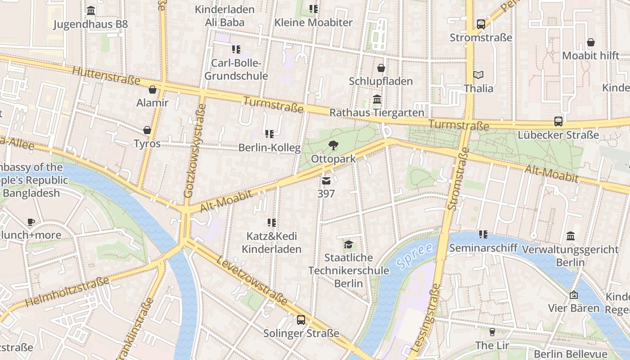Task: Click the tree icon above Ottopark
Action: [x=333, y=145]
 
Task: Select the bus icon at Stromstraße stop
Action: [x=481, y=24]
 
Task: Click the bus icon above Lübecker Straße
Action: [x=558, y=121]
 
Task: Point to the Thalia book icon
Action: [x=478, y=75]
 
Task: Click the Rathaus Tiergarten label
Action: [x=377, y=112]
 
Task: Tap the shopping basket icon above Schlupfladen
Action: [x=381, y=68]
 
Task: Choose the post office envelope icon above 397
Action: [x=326, y=181]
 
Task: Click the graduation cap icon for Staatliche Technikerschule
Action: [x=348, y=244]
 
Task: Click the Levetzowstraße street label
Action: [x=252, y=281]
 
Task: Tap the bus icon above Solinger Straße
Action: [x=301, y=320]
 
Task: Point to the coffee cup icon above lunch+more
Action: [x=31, y=222]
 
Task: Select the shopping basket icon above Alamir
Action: [x=152, y=90]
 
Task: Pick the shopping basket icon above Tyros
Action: [x=147, y=130]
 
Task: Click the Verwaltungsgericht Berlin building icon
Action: [x=571, y=236]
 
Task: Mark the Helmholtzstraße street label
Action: [x=67, y=292]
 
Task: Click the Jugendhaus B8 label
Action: [x=90, y=24]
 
